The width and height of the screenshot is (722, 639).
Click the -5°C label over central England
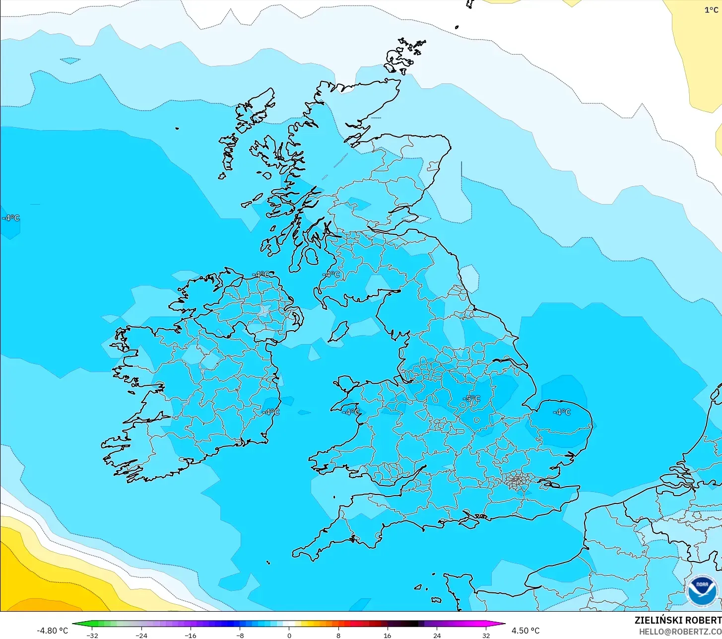pos(471,399)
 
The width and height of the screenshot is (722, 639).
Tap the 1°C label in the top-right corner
pos(711,10)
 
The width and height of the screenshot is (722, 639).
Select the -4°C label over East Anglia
pos(562,412)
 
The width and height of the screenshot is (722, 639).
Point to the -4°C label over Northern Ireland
pos(261,275)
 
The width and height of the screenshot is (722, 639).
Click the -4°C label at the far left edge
pos(10,218)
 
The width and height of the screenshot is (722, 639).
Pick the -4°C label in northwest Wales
pos(351,412)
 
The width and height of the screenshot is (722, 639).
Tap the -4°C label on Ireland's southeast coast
pos(271,412)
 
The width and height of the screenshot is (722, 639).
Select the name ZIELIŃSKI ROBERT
pos(678,620)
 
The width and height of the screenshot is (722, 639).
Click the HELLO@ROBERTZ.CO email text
pos(680,632)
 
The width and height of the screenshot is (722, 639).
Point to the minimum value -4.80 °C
pos(52,631)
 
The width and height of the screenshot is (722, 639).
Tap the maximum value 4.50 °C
pos(525,631)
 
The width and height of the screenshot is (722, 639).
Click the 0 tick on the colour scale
pos(289,635)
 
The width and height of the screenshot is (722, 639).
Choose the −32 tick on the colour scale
pos(92,635)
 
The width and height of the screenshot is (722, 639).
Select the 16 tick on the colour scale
pos(387,635)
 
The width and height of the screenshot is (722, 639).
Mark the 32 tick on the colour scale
pos(486,635)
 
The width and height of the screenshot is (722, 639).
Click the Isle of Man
pos(339,331)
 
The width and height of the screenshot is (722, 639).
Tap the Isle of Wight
pos(470,520)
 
